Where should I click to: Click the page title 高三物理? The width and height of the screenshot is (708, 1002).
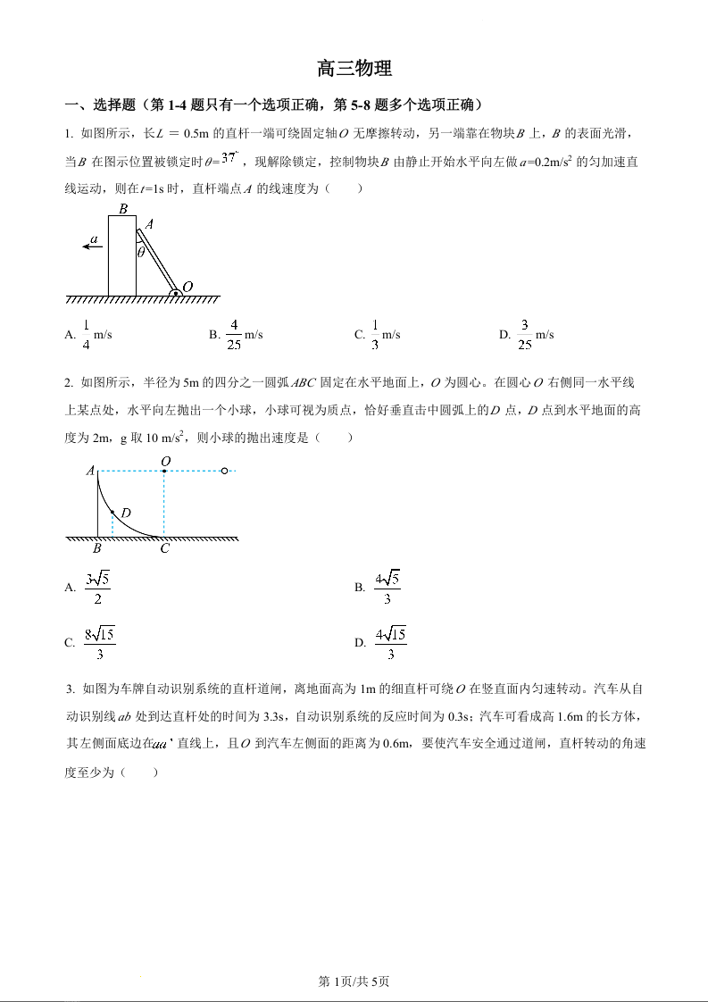354,69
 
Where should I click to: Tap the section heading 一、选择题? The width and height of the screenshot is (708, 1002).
100,104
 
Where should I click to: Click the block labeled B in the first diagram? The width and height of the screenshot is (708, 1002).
122,255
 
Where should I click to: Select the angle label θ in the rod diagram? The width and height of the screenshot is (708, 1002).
141,252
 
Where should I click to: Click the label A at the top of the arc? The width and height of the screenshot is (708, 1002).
90,470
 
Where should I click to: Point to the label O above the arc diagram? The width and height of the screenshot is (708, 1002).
165,461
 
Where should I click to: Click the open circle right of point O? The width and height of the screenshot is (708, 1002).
224,470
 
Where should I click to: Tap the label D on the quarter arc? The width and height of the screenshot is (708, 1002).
126,514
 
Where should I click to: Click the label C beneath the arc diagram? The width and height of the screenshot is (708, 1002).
164,549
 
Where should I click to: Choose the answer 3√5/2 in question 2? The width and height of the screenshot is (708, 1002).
97,587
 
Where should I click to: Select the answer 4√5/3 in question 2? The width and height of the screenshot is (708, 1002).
387,587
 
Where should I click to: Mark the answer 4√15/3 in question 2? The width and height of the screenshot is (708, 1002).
390,643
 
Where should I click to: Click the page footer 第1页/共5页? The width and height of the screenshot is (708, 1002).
354,981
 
